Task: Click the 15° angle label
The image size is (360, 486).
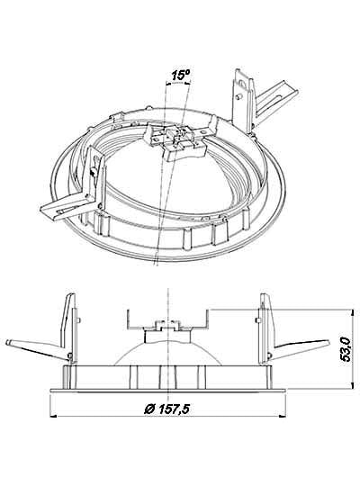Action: pos(181,75)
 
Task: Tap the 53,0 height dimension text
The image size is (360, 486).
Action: pos(345,349)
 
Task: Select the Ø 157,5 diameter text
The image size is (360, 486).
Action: pos(166,409)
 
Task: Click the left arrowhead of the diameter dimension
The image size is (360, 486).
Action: pos(53,417)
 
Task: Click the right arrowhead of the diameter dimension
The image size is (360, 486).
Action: pos(283,417)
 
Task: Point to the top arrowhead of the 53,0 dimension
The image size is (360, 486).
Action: pos(352,312)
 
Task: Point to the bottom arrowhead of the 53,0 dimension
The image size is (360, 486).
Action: pos(352,385)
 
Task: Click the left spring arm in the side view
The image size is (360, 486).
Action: pos(37,349)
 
